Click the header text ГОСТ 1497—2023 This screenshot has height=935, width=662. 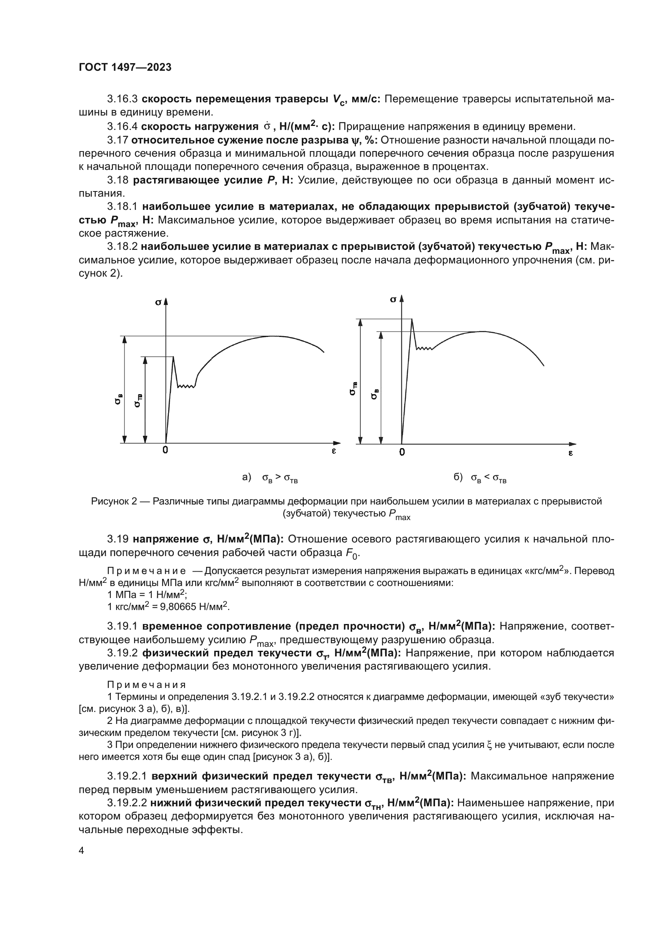125,67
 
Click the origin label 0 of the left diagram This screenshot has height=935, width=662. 165,450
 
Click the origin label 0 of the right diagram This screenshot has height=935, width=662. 402,452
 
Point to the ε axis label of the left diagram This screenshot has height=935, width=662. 333,451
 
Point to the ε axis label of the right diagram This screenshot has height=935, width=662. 570,453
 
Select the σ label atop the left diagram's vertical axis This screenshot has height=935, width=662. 158,302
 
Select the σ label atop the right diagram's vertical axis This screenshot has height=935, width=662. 393,299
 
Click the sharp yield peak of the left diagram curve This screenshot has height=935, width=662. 173,357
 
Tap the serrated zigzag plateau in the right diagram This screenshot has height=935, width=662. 424,349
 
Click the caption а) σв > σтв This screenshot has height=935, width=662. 270,478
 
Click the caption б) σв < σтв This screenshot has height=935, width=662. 480,478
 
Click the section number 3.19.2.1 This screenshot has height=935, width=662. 127,776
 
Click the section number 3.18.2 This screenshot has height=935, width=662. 122,247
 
